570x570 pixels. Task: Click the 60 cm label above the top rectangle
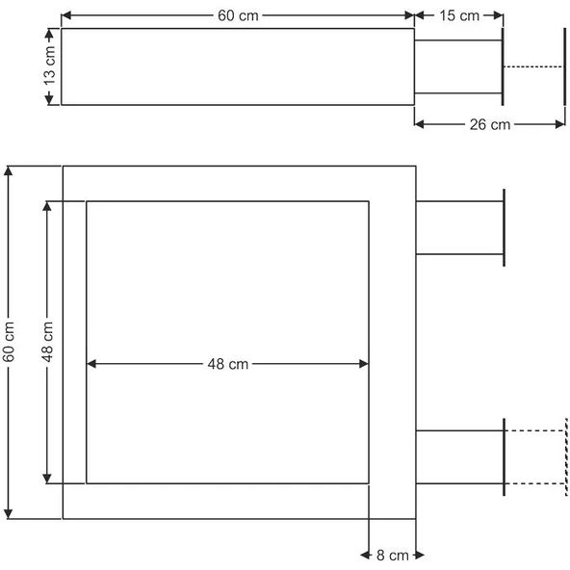(x=238, y=15)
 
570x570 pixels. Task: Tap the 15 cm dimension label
(x=459, y=15)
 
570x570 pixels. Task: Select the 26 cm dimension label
(x=490, y=125)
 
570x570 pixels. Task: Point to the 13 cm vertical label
(x=49, y=65)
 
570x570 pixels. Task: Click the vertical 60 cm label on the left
(x=8, y=342)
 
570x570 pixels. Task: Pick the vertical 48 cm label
(x=47, y=342)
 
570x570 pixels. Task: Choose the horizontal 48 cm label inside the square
(x=228, y=364)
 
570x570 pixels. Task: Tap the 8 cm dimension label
(x=393, y=556)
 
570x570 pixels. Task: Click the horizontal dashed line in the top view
(x=533, y=66)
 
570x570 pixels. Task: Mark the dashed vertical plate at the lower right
(x=566, y=457)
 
